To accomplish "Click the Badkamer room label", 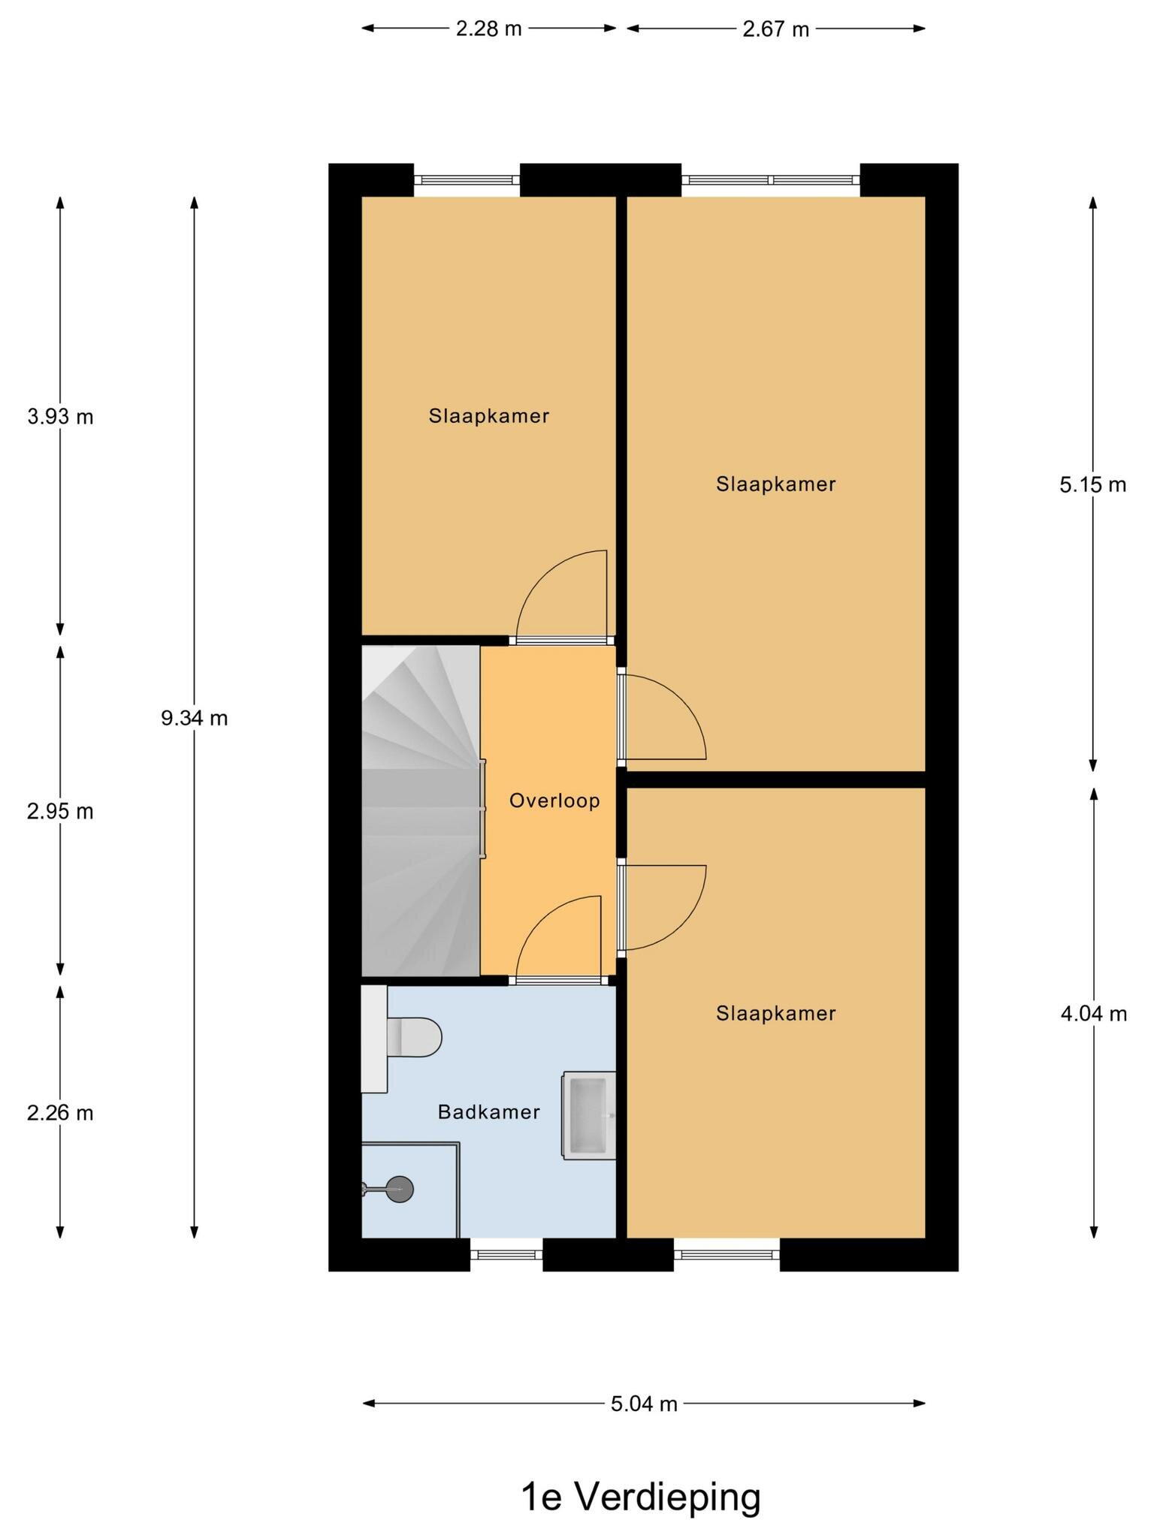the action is [488, 1112].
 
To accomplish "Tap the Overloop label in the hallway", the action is [554, 801].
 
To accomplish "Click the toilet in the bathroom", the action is [401, 1038].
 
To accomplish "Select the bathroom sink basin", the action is [589, 1115].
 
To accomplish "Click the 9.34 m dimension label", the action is [195, 719].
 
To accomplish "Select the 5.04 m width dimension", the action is [644, 1404].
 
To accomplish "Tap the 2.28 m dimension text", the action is [488, 29].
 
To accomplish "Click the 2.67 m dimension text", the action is [775, 29].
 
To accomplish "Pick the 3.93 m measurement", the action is [60, 416].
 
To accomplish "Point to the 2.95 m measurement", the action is [60, 812].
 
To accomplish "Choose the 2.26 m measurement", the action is [60, 1113].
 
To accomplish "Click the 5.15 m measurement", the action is [1093, 485].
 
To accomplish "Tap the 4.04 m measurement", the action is [1094, 1015].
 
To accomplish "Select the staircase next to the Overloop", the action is [421, 811].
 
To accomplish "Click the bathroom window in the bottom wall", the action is [506, 1254].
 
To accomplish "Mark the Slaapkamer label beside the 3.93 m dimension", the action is [489, 416].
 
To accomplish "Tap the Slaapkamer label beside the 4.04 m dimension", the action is [776, 1014].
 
